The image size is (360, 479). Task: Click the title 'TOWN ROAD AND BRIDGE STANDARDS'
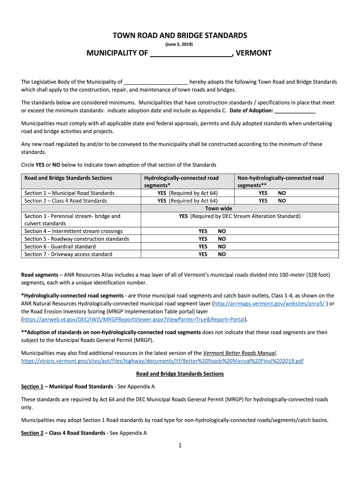pos(179,36)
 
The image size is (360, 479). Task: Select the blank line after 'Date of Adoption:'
pos(295,110)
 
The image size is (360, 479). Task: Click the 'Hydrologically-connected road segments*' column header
pos(181,181)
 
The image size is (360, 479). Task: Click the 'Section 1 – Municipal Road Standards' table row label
pos(69,193)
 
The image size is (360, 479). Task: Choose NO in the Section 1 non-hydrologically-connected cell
pos(282,193)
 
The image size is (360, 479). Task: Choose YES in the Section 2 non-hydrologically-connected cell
pos(263,201)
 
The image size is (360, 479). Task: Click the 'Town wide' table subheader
pos(218,208)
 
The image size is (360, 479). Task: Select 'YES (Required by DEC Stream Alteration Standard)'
pos(240,216)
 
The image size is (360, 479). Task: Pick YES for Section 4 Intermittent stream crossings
pos(203,231)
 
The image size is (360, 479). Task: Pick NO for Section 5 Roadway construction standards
pos(222,239)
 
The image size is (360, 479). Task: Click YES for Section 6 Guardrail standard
pos(203,247)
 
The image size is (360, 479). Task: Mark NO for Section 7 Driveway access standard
pos(222,254)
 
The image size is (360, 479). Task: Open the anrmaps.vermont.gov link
pos(269,303)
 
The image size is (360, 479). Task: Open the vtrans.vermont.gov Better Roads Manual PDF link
pos(162,361)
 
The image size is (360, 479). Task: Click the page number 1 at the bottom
pos(180,445)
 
